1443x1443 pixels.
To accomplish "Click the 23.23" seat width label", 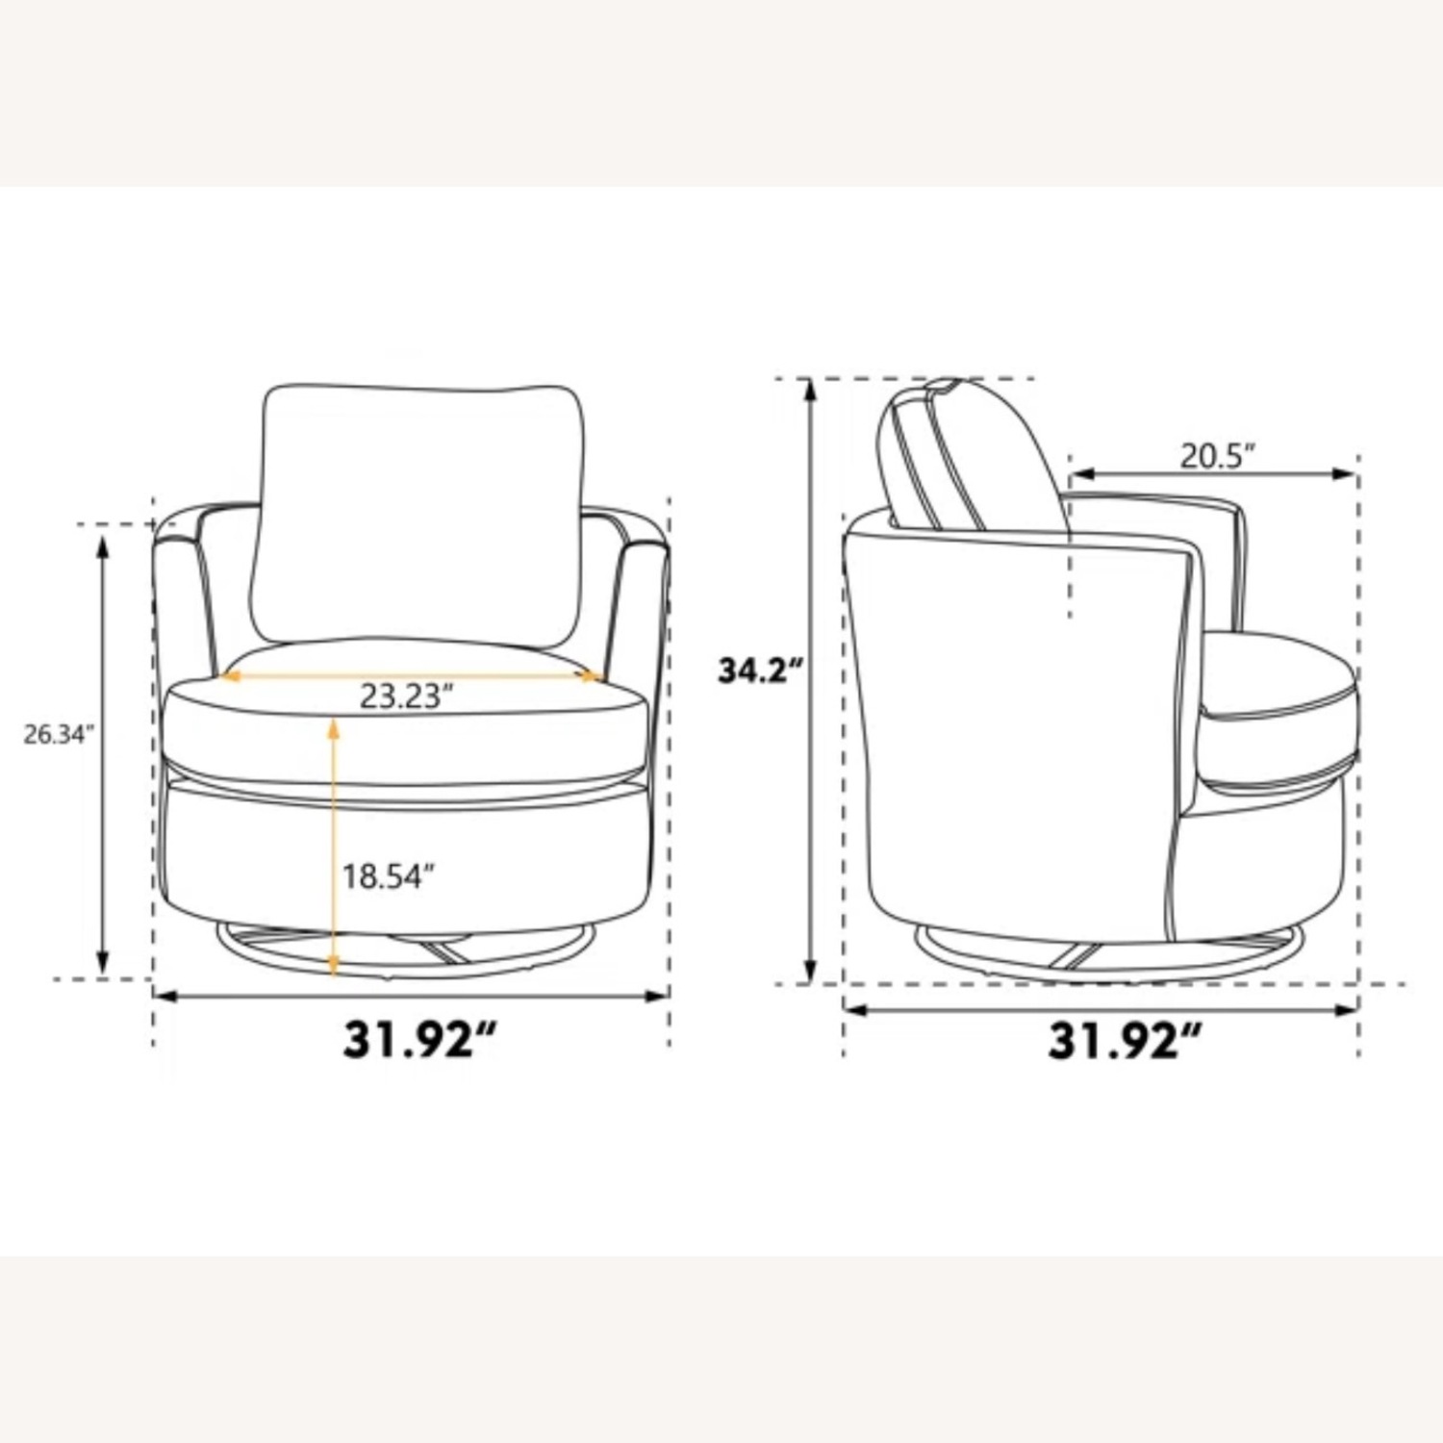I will coord(406,696).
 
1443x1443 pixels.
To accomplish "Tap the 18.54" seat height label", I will coord(390,877).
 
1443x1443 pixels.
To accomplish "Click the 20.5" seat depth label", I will coord(1219,456).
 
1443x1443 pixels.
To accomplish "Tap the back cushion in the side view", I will coord(972,457).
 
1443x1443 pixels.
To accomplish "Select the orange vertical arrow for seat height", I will coord(333,847).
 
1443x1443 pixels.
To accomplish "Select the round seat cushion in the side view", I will coord(1279,712).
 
